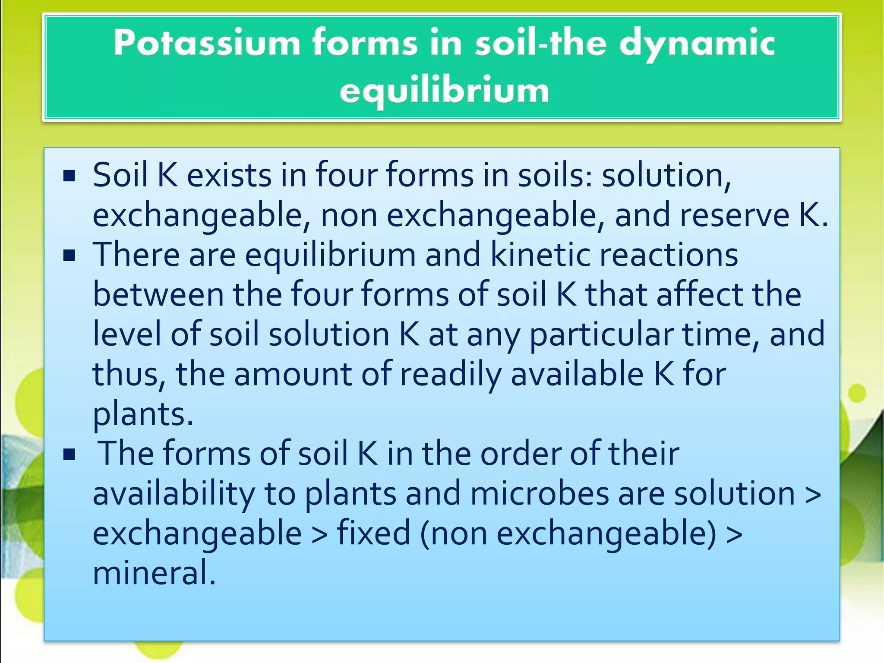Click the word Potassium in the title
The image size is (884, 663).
pyautogui.click(x=207, y=43)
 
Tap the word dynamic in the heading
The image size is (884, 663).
pyautogui.click(x=697, y=43)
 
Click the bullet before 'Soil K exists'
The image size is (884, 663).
pyautogui.click(x=69, y=176)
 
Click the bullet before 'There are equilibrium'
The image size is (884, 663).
pyautogui.click(x=69, y=256)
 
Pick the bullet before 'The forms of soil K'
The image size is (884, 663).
pyautogui.click(x=69, y=455)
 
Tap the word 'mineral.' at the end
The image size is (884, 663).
pyautogui.click(x=154, y=573)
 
